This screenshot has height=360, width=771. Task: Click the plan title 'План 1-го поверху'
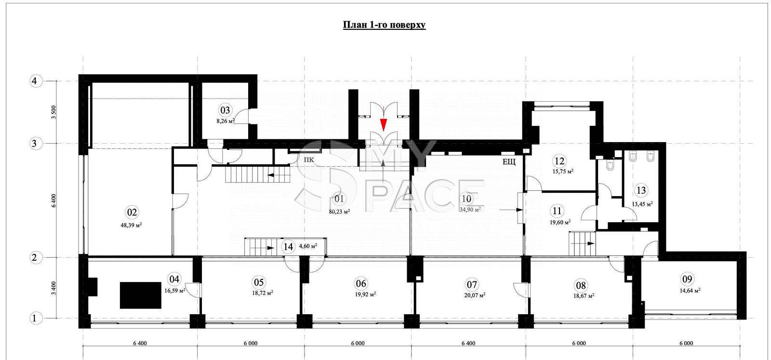click(x=384, y=25)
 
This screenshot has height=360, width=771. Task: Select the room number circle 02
click(x=132, y=213)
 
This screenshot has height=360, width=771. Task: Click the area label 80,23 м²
click(x=339, y=212)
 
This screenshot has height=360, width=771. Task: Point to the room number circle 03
click(x=225, y=110)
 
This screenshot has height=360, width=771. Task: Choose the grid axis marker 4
click(x=34, y=81)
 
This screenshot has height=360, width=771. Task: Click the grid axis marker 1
click(x=34, y=319)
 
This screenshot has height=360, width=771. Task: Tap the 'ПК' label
click(x=309, y=160)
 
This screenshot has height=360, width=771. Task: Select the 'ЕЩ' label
click(x=509, y=162)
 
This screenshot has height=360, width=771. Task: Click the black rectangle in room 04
click(x=140, y=295)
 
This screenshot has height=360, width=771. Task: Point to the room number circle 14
click(x=288, y=247)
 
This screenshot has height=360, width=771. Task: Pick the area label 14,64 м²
click(x=690, y=290)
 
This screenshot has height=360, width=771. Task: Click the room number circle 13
click(x=641, y=190)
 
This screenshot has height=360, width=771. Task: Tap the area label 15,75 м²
click(x=563, y=171)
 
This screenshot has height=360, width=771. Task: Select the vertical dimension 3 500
click(x=53, y=113)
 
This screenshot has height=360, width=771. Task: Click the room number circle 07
click(x=472, y=285)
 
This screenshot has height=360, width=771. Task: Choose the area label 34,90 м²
click(x=470, y=209)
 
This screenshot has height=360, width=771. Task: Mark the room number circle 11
click(x=557, y=211)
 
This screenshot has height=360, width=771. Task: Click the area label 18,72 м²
click(x=263, y=293)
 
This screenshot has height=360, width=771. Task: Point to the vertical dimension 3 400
click(x=53, y=288)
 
